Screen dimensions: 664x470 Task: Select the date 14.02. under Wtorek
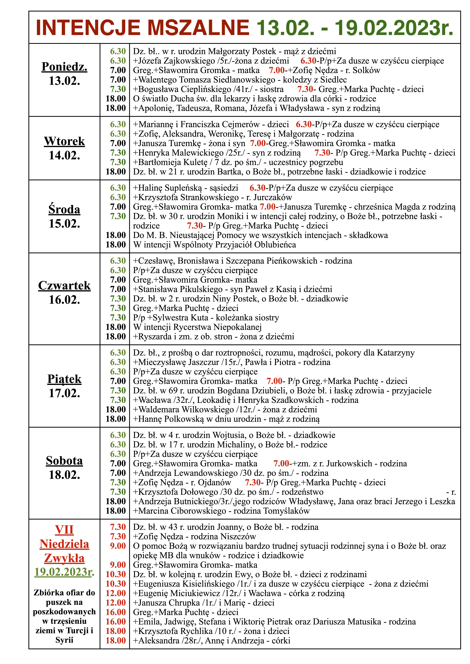(x=64, y=156)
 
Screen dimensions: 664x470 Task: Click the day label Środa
(x=64, y=209)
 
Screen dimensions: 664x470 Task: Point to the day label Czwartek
(x=64, y=286)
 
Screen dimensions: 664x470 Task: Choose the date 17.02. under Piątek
(x=64, y=393)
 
